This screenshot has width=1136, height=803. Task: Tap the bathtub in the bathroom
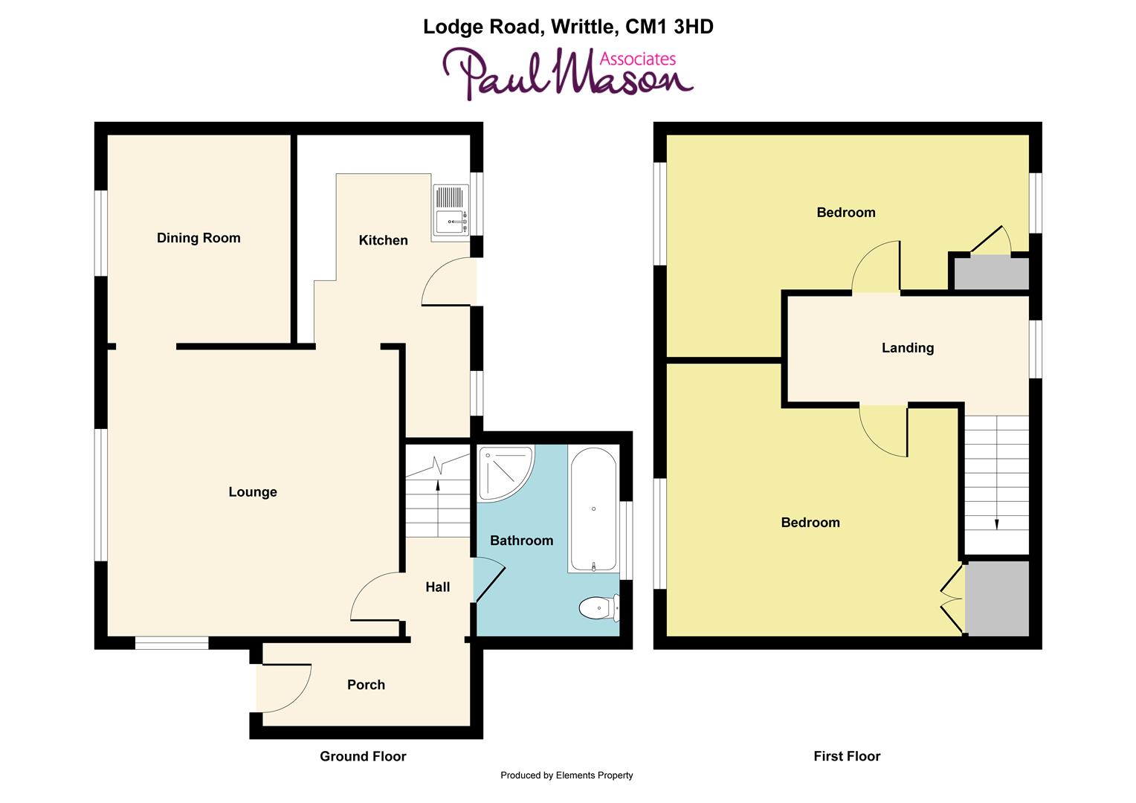593,509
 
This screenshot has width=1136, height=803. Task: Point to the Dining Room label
199,238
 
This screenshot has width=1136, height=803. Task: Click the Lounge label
253,492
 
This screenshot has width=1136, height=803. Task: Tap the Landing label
907,348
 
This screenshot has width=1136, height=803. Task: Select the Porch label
366,685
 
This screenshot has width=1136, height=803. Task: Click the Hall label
438,587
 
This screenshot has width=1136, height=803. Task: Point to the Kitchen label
383,240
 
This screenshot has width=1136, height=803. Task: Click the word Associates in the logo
637,59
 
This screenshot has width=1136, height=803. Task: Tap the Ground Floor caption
363,757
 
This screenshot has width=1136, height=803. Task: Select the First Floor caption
847,757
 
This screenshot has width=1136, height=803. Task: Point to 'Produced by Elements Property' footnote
567,775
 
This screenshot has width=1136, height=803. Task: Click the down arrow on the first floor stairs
996,523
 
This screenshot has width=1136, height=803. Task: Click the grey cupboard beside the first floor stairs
997,598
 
